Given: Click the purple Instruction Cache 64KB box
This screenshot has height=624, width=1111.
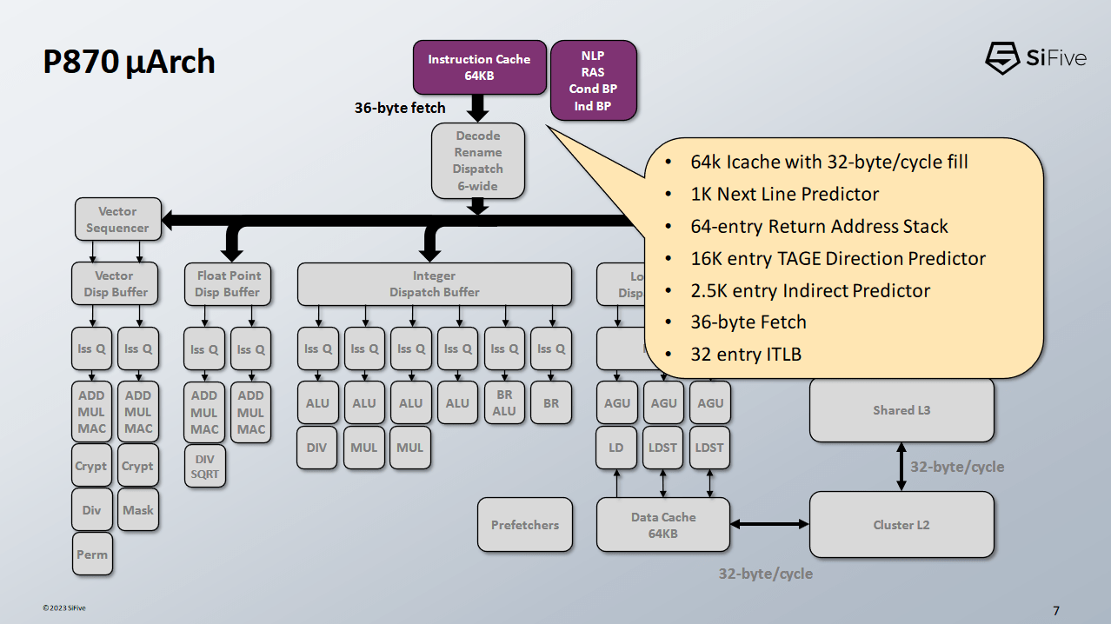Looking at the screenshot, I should coord(479,68).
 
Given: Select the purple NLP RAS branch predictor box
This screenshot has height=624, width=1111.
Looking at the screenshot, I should coord(593,81).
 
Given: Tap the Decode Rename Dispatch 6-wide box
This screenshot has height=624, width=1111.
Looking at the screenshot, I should coord(478,161).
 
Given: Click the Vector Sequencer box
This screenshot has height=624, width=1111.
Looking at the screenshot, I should coord(117,220).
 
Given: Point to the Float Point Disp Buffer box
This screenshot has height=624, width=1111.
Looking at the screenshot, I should coord(227,284).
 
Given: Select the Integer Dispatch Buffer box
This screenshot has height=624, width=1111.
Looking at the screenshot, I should coord(434,284).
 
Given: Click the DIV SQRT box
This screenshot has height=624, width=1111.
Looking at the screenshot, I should coord(205,466).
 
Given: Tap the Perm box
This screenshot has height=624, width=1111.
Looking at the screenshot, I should coord(92,554).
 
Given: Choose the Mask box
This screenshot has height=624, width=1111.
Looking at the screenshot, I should coord(137,510).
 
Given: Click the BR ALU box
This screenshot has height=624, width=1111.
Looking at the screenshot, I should coord(504,402).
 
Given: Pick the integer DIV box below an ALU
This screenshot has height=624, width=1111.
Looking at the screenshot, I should coord(316,448).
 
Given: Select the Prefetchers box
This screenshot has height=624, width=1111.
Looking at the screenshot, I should coord(525,525).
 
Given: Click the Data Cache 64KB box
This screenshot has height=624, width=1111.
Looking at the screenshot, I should coord(662,525).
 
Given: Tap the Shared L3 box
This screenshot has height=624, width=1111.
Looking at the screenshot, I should coord(901,410).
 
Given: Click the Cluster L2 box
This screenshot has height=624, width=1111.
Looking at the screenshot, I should coord(901,525).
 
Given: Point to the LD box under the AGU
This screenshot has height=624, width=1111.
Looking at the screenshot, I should coord(616,448).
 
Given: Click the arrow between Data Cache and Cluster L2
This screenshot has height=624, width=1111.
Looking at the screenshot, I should coord(769,524).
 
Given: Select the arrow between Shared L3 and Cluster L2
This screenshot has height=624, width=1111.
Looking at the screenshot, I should coord(901,467).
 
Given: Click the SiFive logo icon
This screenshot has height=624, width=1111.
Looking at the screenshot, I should coord(1002,58).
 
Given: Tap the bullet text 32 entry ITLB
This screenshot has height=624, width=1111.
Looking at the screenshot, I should coord(746,354).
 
